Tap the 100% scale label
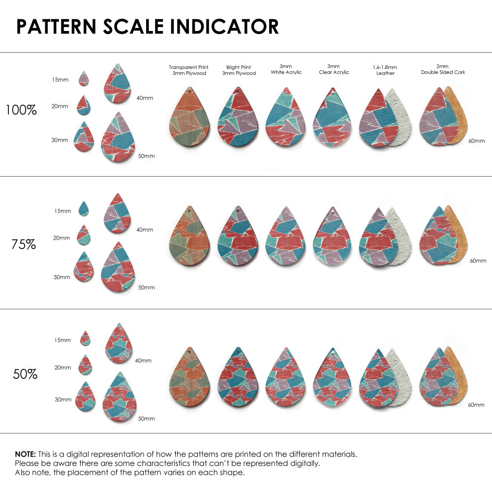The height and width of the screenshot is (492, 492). tap(21, 110)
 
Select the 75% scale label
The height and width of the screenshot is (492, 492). tap(24, 244)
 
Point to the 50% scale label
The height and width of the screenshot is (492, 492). tap(25, 374)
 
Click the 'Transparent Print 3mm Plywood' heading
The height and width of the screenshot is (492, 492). tap(188, 70)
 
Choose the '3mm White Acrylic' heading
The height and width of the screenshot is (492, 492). tap(286, 69)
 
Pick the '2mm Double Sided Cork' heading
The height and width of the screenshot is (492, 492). tap(443, 69)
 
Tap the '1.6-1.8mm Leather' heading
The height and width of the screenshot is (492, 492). tap(385, 70)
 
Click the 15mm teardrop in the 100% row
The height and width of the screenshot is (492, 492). tap(84, 79)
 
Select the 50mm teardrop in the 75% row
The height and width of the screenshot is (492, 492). tap(118, 268)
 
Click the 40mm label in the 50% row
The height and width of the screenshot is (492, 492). tap(143, 361)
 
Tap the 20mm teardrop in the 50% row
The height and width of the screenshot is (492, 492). tap(85, 366)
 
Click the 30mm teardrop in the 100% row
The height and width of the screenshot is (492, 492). tap(84, 137)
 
